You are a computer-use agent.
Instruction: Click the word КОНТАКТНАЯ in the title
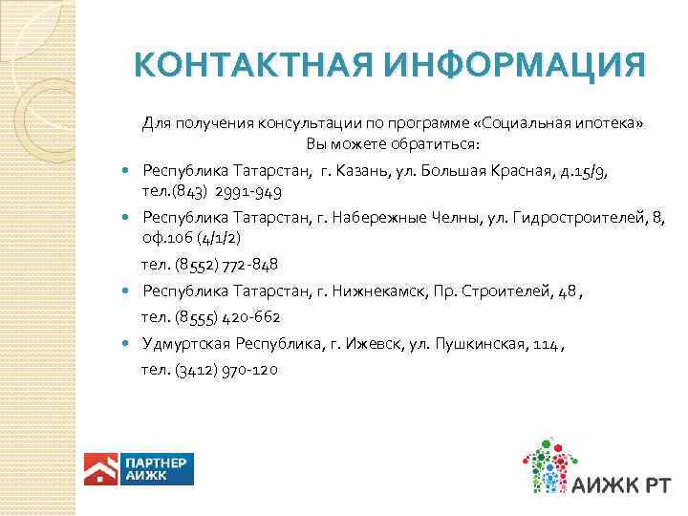[253, 67]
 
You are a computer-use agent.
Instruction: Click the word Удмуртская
[182, 343]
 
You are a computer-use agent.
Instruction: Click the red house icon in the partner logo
[99, 468]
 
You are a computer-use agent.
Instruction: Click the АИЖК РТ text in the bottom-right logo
[625, 484]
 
